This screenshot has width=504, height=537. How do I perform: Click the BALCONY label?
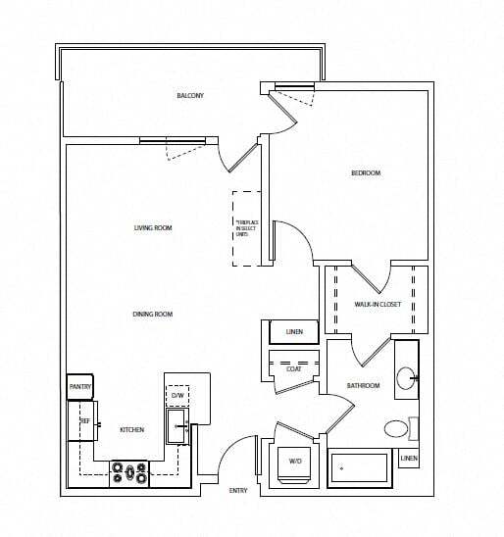[190, 95]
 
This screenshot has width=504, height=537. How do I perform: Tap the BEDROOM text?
[366, 173]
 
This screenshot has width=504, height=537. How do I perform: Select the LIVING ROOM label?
[153, 228]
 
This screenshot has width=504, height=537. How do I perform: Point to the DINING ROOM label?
[153, 314]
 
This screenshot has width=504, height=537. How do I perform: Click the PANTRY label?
[79, 387]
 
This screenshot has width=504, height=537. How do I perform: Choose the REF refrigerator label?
[84, 419]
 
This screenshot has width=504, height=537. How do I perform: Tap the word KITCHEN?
[132, 430]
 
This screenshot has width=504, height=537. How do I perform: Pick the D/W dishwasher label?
[177, 397]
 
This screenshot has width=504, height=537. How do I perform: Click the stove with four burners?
[129, 474]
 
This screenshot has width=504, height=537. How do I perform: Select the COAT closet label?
[293, 368]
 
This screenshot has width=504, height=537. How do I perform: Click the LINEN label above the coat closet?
[294, 332]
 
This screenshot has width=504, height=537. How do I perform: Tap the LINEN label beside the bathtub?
[409, 459]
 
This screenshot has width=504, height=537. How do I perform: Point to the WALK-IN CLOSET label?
[378, 305]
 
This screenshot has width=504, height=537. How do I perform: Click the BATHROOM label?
[363, 385]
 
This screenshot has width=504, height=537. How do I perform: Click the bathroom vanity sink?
[407, 376]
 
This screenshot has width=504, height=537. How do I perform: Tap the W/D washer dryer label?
[294, 461]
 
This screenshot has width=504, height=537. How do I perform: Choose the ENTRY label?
[238, 489]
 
